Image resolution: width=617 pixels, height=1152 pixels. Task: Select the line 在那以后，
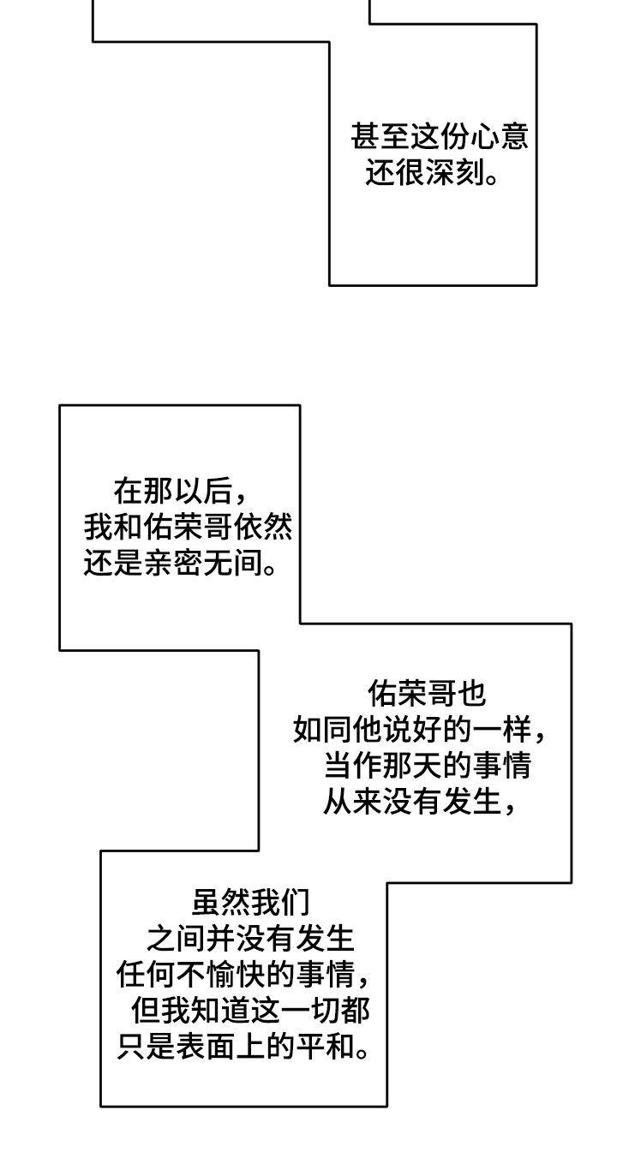[x=180, y=491]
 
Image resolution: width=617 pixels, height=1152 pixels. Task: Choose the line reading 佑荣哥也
[x=426, y=692]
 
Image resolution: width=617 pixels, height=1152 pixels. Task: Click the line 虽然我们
[x=249, y=901]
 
